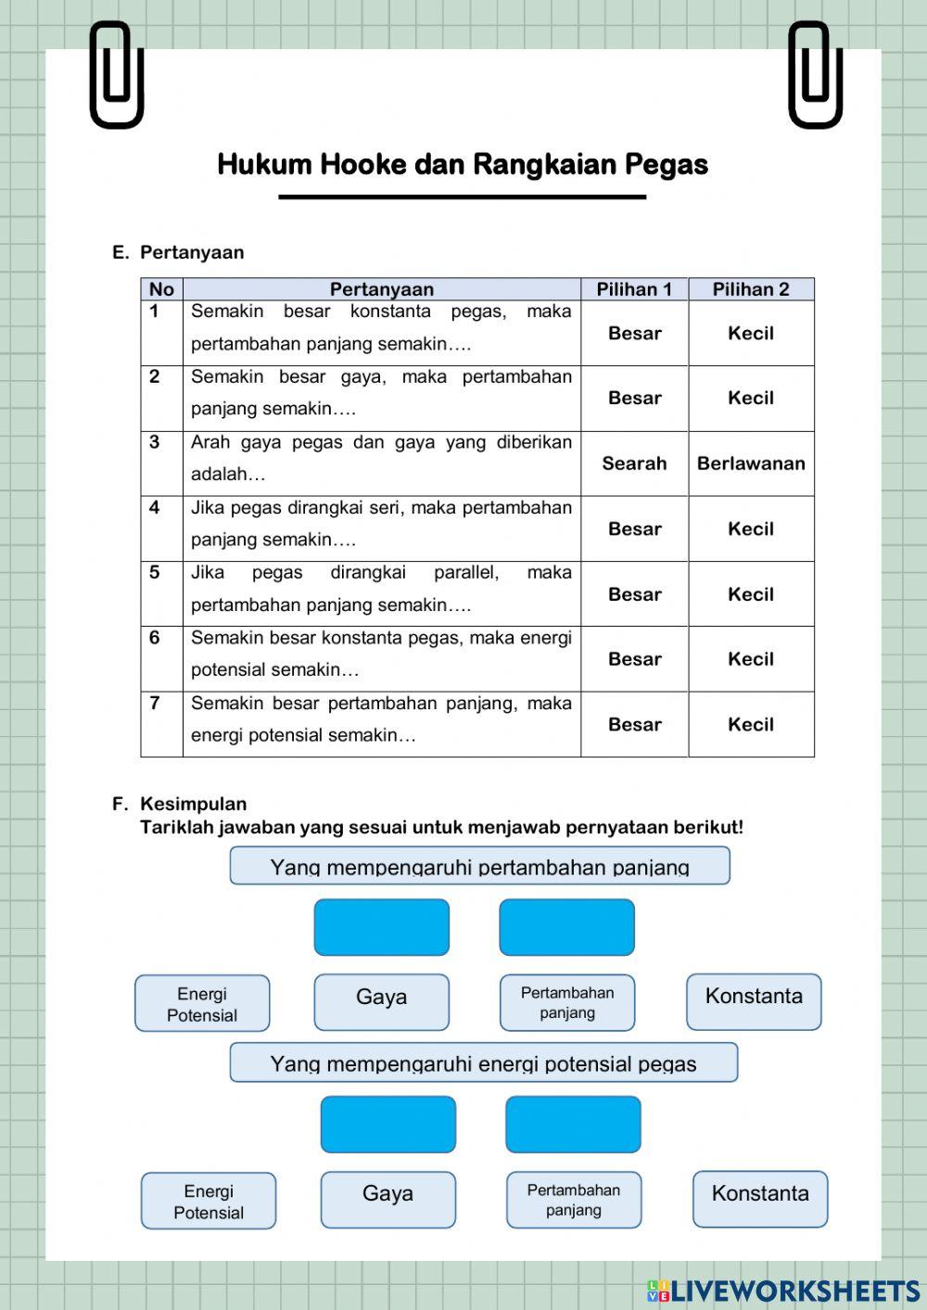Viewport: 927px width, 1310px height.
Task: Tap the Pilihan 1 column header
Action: point(634,289)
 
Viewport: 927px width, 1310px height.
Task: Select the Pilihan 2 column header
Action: point(751,289)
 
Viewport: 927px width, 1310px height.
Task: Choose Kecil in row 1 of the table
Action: point(751,333)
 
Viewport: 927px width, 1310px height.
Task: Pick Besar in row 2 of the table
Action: point(634,398)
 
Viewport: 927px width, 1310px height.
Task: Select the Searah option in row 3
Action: point(634,464)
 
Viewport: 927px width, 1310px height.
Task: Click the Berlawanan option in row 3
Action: point(751,464)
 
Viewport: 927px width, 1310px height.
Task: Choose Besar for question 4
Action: point(634,528)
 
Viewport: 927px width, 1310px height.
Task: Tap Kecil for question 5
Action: point(751,594)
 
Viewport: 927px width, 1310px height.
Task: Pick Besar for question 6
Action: point(634,659)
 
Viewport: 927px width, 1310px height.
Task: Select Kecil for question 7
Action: point(751,724)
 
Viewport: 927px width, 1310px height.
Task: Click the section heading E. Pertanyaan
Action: point(178,252)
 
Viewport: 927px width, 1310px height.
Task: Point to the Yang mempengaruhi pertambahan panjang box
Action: point(479,866)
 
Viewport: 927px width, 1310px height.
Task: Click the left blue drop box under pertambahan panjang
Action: point(381,927)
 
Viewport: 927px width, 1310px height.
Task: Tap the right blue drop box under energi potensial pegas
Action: point(573,1125)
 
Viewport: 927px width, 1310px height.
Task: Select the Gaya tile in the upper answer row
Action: point(381,1001)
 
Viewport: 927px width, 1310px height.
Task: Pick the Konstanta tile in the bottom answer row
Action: point(759,1199)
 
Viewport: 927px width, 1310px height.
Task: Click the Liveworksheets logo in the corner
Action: point(783,1290)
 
